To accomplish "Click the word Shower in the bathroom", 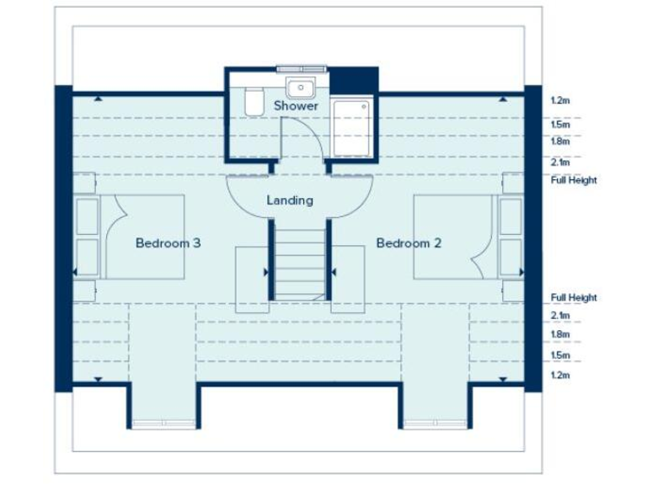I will (x=296, y=107).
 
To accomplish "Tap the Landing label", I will (x=290, y=200).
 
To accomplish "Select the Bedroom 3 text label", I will (x=168, y=243).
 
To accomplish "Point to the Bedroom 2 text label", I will (x=409, y=243).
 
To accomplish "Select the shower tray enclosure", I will (x=350, y=127).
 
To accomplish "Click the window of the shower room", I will (x=300, y=68).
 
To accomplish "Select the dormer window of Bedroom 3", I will (x=163, y=423).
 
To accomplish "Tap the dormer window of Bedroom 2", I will (x=435, y=423).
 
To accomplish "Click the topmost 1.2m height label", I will (x=560, y=101).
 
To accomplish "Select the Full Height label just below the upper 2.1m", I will (x=574, y=180).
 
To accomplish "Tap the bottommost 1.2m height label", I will (x=560, y=375).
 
